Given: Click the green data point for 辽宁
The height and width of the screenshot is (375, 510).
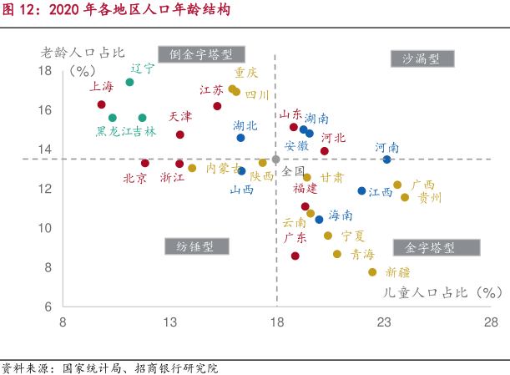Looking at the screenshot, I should tap(129, 82).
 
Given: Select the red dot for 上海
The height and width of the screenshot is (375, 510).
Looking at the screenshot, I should tap(102, 104).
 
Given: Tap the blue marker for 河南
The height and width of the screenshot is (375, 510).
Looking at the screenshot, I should tap(386, 159).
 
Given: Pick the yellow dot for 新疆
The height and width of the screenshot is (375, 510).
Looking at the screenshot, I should tap(372, 271).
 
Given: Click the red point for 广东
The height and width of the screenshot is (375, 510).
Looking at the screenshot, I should tap(295, 256).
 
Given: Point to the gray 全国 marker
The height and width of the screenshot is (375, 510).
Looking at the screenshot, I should tap(275, 159).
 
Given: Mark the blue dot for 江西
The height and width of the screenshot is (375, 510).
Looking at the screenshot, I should tap(361, 190).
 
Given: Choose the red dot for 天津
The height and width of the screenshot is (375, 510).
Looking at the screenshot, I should tap(180, 134).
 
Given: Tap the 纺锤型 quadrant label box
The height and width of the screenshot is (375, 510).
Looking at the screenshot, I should tap(195, 246).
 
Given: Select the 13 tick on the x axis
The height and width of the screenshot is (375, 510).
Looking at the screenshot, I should tap(170, 322).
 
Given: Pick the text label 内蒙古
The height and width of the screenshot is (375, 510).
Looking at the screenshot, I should tap(222, 168).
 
